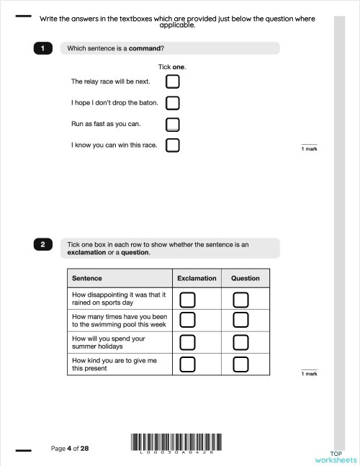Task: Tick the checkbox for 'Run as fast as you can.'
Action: pyautogui.click(x=172, y=124)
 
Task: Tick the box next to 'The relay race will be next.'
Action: pyautogui.click(x=172, y=81)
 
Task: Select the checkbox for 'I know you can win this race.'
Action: pyautogui.click(x=172, y=145)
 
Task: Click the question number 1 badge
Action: pyautogui.click(x=42, y=48)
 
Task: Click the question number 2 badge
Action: pyautogui.click(x=42, y=245)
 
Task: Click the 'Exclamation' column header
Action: pyautogui.click(x=197, y=278)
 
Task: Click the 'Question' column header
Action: pyautogui.click(x=245, y=278)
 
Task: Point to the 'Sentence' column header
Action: pyautogui.click(x=87, y=278)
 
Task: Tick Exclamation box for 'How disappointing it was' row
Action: pyautogui.click(x=187, y=299)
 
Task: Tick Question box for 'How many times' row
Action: pyautogui.click(x=241, y=319)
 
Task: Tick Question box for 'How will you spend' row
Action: pyautogui.click(x=241, y=341)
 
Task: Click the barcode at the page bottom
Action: pyautogui.click(x=176, y=442)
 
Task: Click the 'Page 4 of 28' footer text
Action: pyautogui.click(x=70, y=448)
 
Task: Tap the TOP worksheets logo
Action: pyautogui.click(x=336, y=454)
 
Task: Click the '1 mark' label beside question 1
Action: pyautogui.click(x=309, y=148)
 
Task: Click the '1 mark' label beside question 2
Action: pyautogui.click(x=309, y=374)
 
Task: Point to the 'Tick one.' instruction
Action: pyautogui.click(x=172, y=66)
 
